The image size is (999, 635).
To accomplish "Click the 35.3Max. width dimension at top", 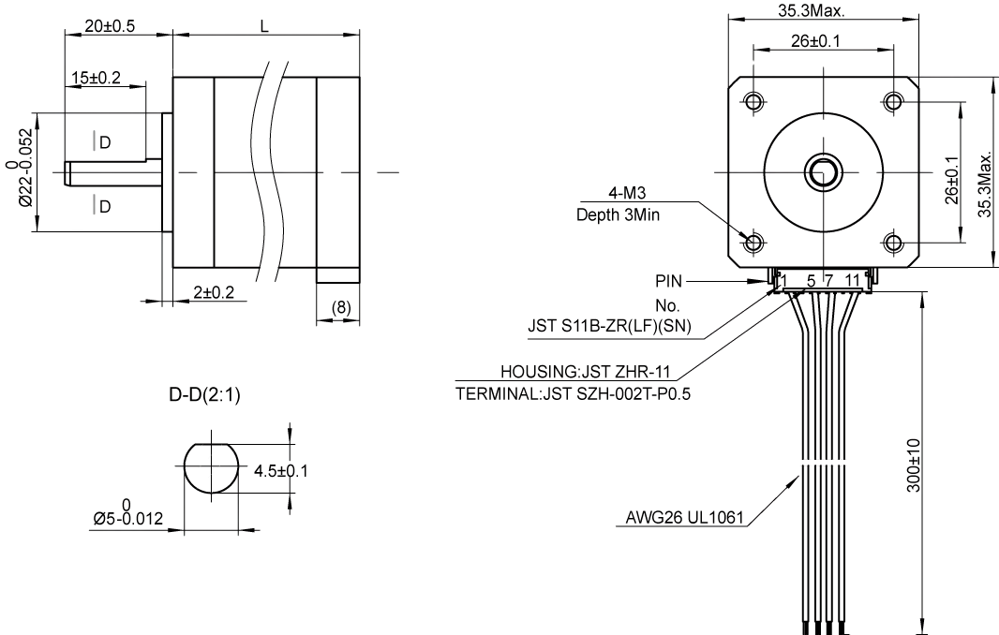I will (x=812, y=12).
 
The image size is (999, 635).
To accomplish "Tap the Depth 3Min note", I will (x=619, y=214).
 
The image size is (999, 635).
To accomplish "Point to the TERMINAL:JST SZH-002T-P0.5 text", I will (x=574, y=393).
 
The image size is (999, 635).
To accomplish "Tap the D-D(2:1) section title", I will (x=204, y=396).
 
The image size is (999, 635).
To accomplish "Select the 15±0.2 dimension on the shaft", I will (x=96, y=78).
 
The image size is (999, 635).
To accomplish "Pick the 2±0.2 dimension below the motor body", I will (x=214, y=292).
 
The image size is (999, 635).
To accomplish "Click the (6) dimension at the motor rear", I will (x=341, y=307).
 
